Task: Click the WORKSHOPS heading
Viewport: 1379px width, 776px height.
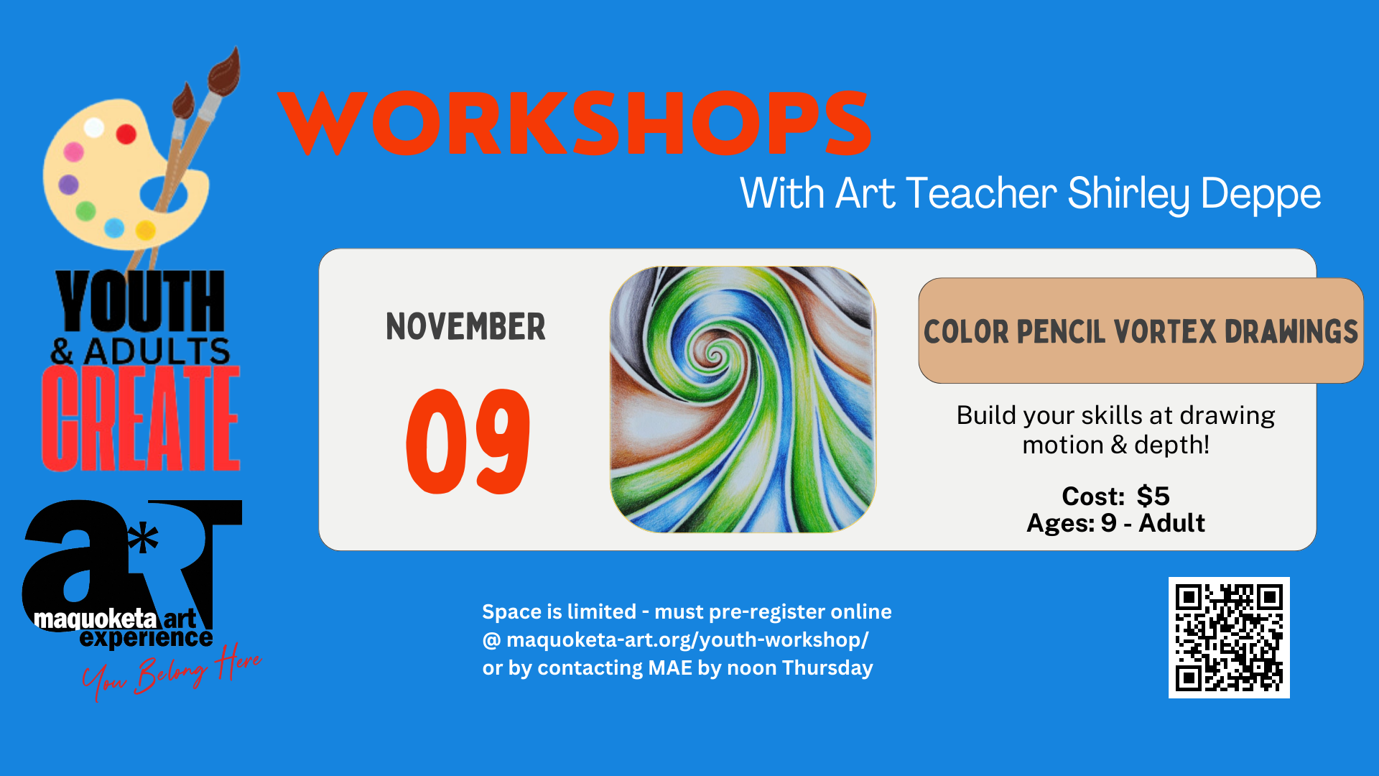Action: pyautogui.click(x=575, y=123)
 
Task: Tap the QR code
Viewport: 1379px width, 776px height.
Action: pyautogui.click(x=1229, y=637)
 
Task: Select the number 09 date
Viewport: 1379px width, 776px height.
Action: pyautogui.click(x=468, y=441)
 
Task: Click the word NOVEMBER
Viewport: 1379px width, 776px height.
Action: pyautogui.click(x=465, y=327)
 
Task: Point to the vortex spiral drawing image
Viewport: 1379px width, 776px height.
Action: pyautogui.click(x=743, y=399)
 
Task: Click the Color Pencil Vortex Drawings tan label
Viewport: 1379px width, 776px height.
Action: pyautogui.click(x=1141, y=331)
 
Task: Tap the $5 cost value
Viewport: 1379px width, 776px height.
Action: pyautogui.click(x=1153, y=496)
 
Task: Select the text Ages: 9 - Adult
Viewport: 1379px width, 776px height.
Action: pyautogui.click(x=1115, y=523)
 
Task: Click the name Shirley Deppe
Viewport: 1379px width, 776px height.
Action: pyautogui.click(x=1194, y=193)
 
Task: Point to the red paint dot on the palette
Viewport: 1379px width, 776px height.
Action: pyautogui.click(x=126, y=134)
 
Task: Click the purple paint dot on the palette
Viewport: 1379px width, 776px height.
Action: pyautogui.click(x=68, y=185)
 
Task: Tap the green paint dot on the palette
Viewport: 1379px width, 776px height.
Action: pyautogui.click(x=86, y=211)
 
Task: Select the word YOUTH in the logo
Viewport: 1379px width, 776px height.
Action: pyautogui.click(x=141, y=302)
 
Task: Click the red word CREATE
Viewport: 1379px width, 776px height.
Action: pyautogui.click(x=141, y=418)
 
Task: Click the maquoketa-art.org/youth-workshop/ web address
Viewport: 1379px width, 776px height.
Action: pyautogui.click(x=687, y=639)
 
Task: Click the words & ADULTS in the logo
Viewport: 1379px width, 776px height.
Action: pyautogui.click(x=141, y=351)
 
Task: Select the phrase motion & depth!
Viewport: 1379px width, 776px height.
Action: pyautogui.click(x=1115, y=445)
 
